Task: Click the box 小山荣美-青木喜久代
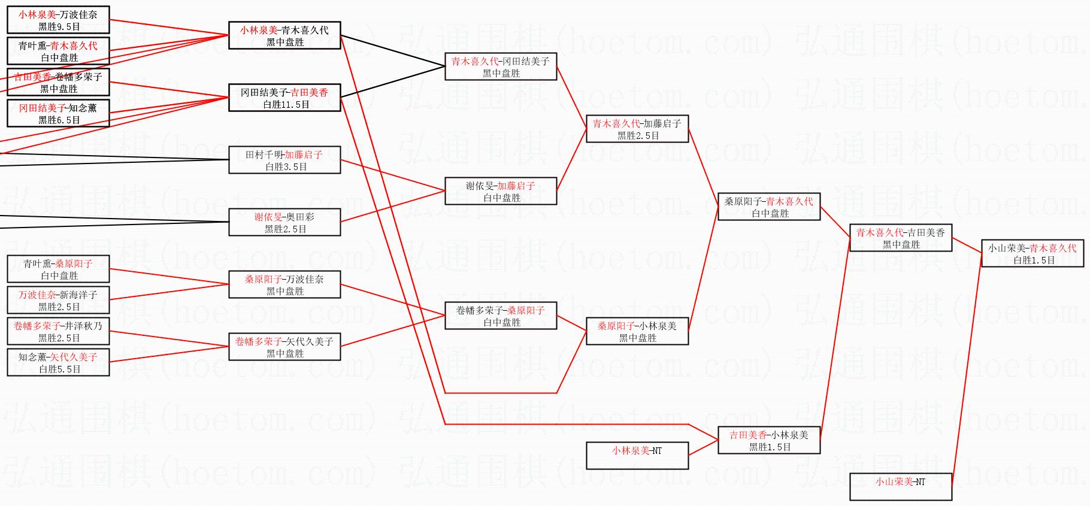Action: pyautogui.click(x=1032, y=254)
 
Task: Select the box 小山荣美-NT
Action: pyautogui.click(x=900, y=486)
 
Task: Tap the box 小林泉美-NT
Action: pyautogui.click(x=637, y=455)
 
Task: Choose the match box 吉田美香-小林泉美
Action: pyautogui.click(x=768, y=441)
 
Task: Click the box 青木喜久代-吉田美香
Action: pyautogui.click(x=900, y=238)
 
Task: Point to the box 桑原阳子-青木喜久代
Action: pyautogui.click(x=768, y=207)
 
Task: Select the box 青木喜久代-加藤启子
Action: pyautogui.click(x=637, y=129)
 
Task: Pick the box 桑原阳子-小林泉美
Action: pyautogui.click(x=637, y=331)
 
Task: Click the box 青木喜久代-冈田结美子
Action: pyautogui.click(x=500, y=66)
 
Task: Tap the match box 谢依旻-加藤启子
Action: pyautogui.click(x=500, y=191)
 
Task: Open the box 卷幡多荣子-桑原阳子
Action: pyautogui.click(x=500, y=316)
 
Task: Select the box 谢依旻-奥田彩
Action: pyautogui.click(x=284, y=222)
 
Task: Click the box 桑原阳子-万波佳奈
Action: pyautogui.click(x=284, y=284)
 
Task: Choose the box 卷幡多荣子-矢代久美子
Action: pyautogui.click(x=284, y=347)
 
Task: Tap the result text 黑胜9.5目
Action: pyautogui.click(x=59, y=27)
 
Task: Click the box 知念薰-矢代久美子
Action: pyautogui.click(x=58, y=362)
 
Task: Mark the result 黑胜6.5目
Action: pyautogui.click(x=59, y=120)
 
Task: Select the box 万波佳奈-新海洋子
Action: pyautogui.click(x=58, y=300)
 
